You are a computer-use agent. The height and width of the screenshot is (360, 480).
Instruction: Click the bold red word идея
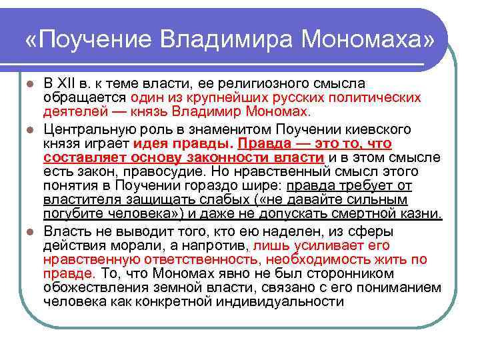coord(154,143)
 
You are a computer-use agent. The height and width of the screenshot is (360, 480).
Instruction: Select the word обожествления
coord(91,287)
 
